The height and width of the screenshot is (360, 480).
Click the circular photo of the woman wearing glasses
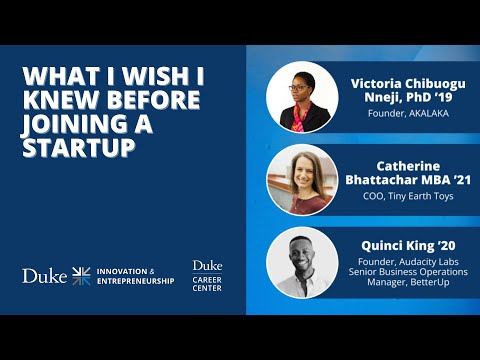[301, 98]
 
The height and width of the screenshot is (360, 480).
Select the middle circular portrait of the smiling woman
[301, 180]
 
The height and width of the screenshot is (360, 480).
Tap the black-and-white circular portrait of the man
[301, 263]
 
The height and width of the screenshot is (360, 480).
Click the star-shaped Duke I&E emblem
[81, 275]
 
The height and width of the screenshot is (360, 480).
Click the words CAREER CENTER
[207, 283]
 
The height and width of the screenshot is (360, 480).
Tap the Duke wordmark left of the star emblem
[44, 275]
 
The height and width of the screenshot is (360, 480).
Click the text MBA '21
[441, 179]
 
